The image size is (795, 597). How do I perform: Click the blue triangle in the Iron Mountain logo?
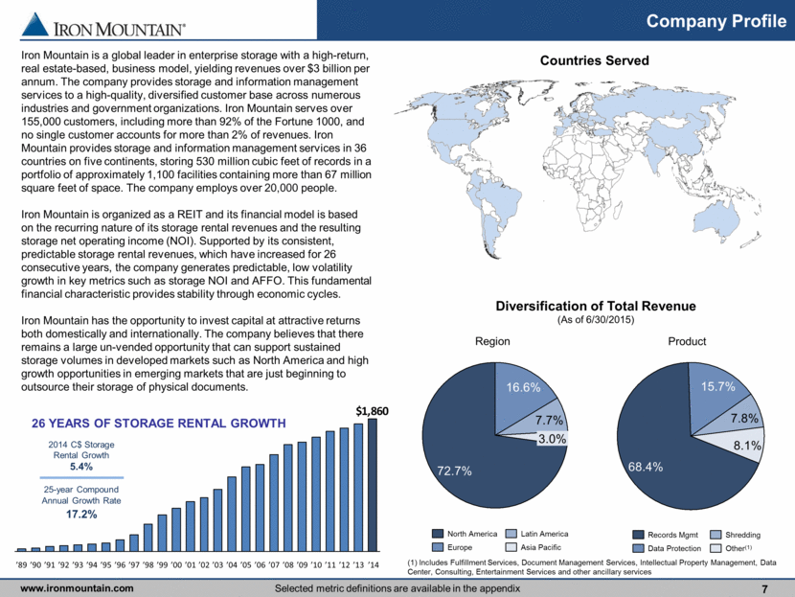click(x=35, y=24)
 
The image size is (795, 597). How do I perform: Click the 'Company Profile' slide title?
click(x=715, y=21)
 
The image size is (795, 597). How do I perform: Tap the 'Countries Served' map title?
click(x=594, y=60)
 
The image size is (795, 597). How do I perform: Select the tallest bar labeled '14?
click(x=373, y=485)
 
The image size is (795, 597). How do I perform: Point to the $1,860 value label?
click(x=373, y=410)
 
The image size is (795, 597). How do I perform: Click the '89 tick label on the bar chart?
click(x=22, y=564)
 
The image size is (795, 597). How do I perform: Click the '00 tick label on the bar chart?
click(x=176, y=564)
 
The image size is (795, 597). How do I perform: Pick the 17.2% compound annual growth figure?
click(x=81, y=514)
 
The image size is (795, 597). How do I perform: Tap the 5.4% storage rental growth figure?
click(x=81, y=466)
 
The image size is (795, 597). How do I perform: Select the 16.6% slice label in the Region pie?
click(x=523, y=387)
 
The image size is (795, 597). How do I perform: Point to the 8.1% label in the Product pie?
click(x=747, y=446)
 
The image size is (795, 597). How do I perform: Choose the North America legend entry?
click(x=465, y=534)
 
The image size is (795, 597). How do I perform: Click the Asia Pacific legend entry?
click(x=534, y=547)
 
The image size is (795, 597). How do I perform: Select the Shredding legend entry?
click(x=736, y=535)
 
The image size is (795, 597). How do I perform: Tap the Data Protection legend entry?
click(x=668, y=548)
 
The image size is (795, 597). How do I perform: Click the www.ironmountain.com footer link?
click(x=77, y=588)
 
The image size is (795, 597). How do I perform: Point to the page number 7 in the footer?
click(x=764, y=589)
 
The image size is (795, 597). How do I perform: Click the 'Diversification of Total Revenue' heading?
click(x=596, y=306)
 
